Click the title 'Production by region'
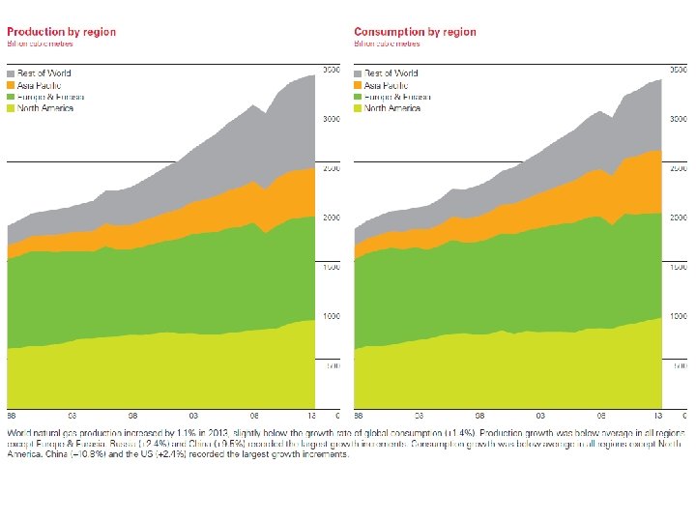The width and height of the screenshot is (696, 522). [x=62, y=32]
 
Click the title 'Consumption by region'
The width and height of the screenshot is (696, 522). [x=416, y=32]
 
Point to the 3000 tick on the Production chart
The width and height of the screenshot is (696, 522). [x=332, y=120]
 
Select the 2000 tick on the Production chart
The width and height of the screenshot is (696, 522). [x=332, y=218]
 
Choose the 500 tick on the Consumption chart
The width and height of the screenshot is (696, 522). [x=682, y=366]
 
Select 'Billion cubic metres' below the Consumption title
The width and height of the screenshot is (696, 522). [x=389, y=43]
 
